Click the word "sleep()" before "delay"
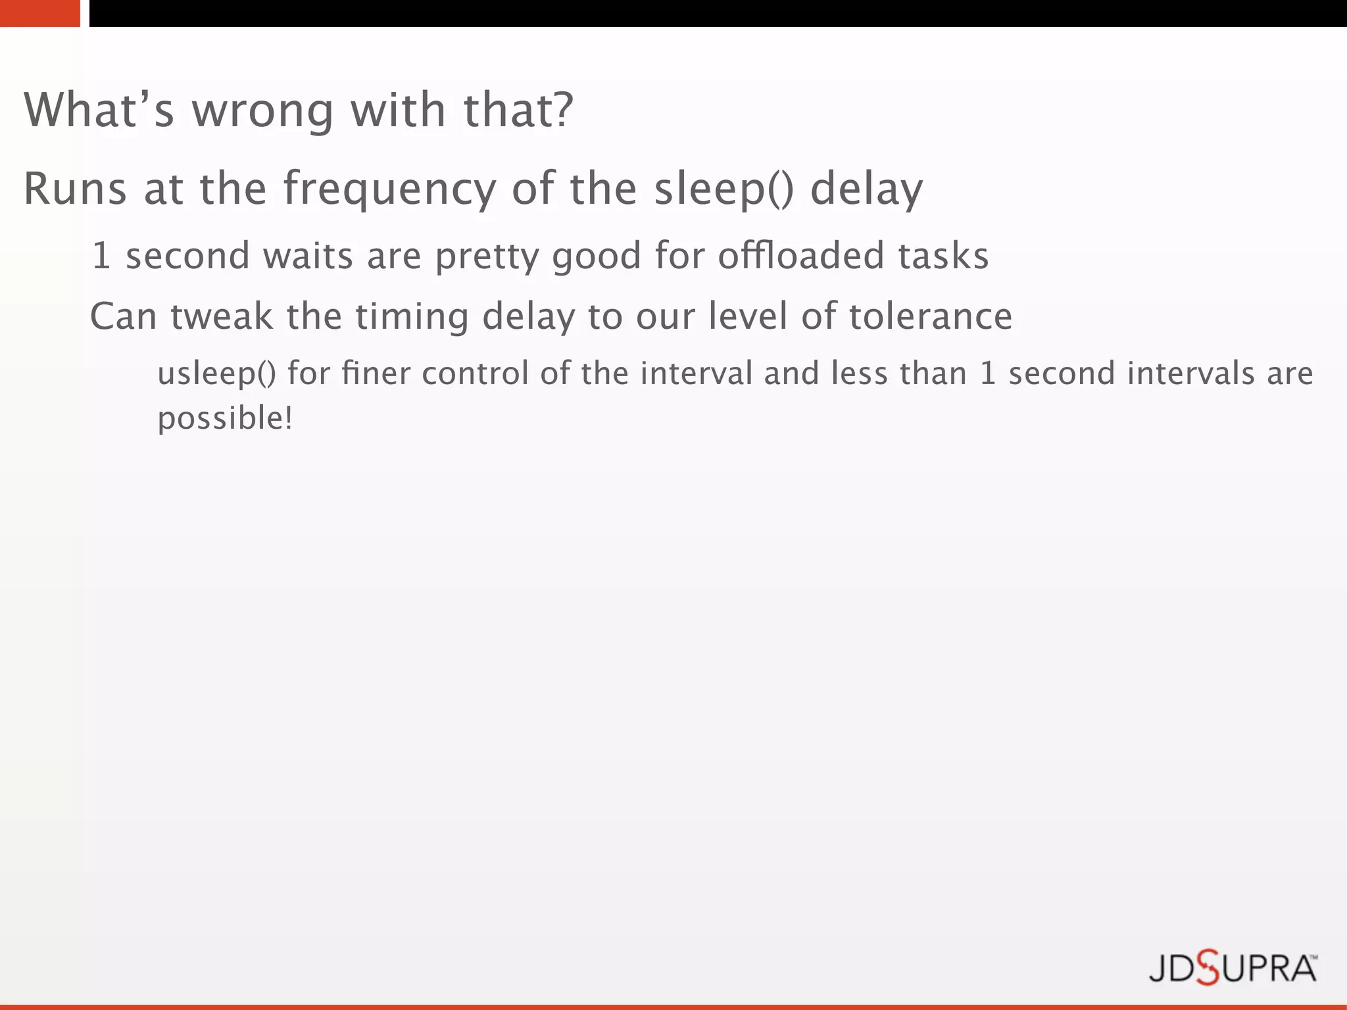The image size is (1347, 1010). click(724, 189)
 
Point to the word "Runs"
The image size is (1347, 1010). click(75, 189)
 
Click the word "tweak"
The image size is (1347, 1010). click(222, 316)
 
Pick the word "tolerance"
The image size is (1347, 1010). click(931, 316)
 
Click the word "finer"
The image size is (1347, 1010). click(374, 373)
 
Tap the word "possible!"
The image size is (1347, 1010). click(225, 419)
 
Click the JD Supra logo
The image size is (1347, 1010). click(1233, 968)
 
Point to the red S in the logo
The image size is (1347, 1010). click(1208, 968)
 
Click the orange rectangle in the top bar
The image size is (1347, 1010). click(39, 13)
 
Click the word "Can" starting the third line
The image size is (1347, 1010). click(123, 316)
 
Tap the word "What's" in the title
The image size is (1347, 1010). click(99, 110)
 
